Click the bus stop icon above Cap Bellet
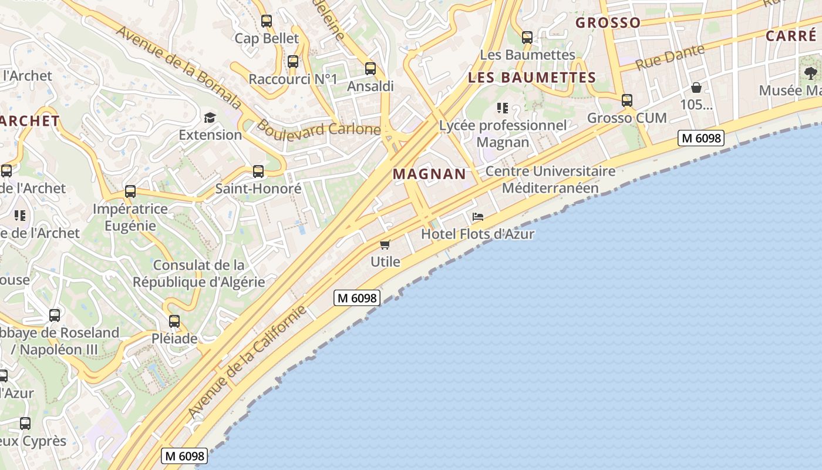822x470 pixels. [x=267, y=21]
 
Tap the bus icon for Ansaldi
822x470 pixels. [x=370, y=69]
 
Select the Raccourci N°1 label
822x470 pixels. [x=293, y=79]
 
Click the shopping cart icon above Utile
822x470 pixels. [x=385, y=244]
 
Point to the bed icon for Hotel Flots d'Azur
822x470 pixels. [x=478, y=217]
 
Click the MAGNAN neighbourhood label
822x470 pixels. [x=429, y=174]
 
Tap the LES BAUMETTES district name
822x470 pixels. [x=532, y=78]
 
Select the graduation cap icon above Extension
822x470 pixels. [x=210, y=117]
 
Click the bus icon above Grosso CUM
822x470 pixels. [x=627, y=100]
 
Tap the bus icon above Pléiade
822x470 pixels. [x=174, y=321]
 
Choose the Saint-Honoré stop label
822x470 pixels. [x=258, y=189]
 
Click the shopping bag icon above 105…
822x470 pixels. [x=696, y=88]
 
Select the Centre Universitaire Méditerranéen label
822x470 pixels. [x=550, y=180]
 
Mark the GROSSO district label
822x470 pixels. [x=608, y=23]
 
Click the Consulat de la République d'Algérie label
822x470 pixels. [x=199, y=273]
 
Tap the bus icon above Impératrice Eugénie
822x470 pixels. [x=130, y=192]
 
